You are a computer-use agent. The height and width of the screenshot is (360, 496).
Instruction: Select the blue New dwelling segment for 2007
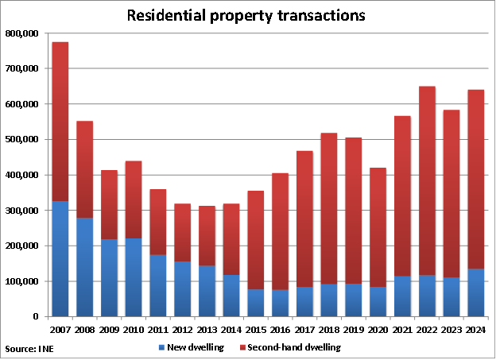point(60,258)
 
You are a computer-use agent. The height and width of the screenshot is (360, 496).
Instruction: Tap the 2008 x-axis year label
point(85,330)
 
